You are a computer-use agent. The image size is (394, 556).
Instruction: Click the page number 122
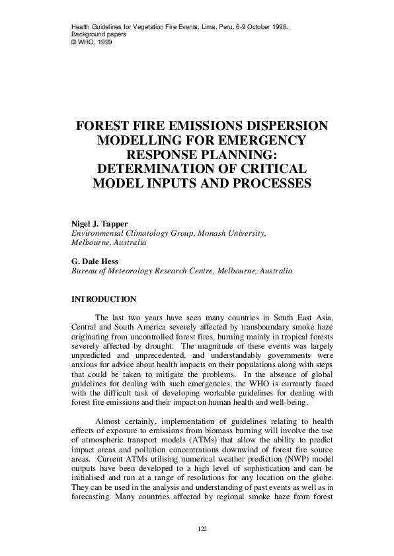coord(202,529)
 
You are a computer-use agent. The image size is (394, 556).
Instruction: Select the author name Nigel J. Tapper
coord(98,223)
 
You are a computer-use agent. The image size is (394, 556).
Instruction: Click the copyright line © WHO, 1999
coord(91,40)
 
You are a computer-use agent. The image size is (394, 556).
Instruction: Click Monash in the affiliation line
coord(198,233)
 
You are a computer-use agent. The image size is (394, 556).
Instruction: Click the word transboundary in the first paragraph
coord(241,331)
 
